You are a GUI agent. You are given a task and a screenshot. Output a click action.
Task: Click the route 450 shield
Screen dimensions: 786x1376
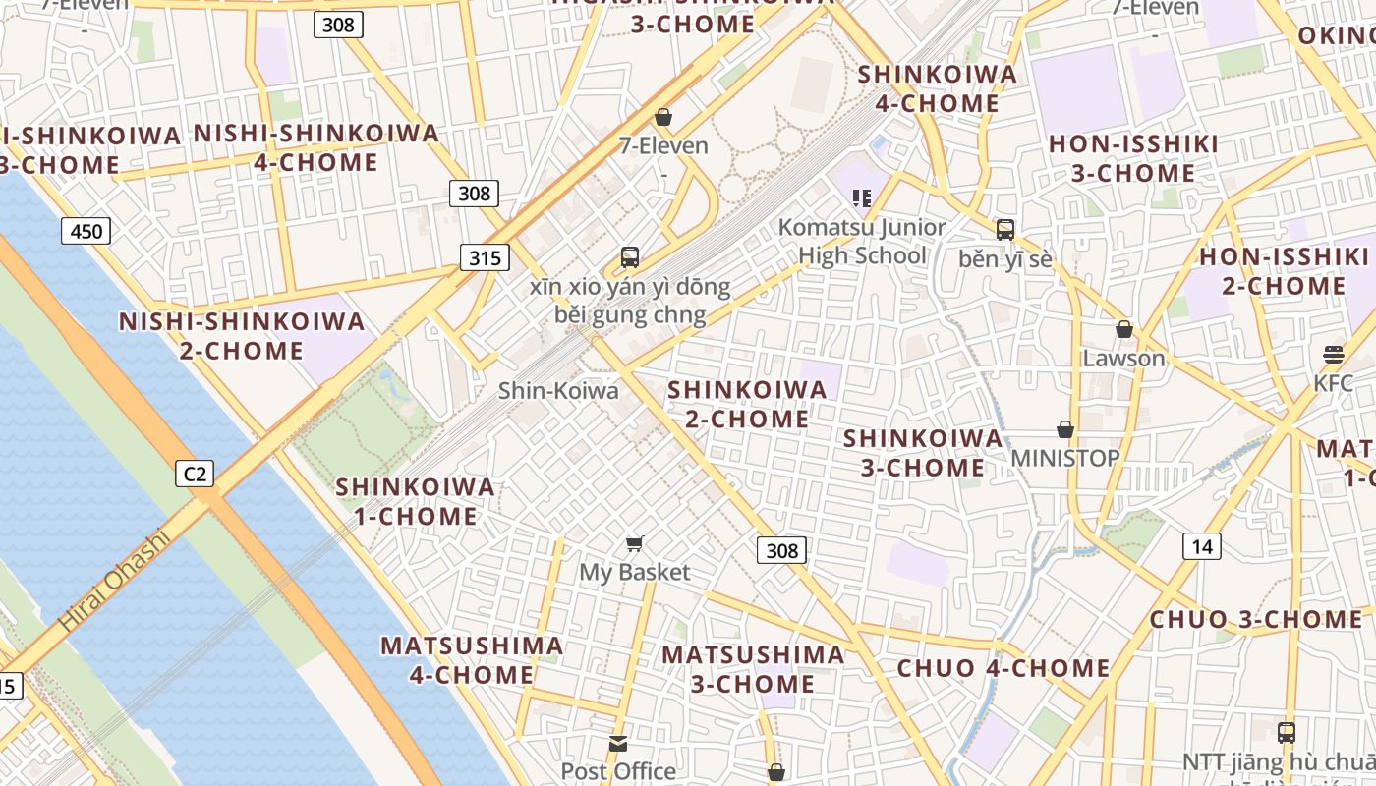coord(86,231)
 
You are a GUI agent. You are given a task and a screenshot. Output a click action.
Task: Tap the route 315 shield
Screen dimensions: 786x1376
coord(485,258)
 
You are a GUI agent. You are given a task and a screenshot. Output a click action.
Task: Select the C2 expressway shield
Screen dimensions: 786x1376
coord(196,475)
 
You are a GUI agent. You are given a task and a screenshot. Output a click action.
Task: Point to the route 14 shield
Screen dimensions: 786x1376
coord(1202,546)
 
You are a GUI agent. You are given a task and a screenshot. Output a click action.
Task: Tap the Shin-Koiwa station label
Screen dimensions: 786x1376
coord(558,391)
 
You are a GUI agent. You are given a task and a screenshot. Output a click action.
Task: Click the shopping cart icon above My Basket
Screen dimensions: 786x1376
coord(635,543)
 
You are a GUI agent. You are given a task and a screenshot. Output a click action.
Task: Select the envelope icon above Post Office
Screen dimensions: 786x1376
coord(618,744)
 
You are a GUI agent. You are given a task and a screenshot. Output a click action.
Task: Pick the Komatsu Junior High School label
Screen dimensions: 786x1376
coord(862,242)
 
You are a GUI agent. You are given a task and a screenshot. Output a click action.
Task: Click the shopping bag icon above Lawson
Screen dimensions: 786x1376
coord(1123,329)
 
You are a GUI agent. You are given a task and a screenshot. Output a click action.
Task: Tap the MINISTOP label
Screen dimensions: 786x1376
coord(1064,458)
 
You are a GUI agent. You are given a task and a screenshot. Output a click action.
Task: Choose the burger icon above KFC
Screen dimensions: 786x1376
coord(1334,354)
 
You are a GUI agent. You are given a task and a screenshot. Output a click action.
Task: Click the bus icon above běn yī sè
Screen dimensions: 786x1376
coord(1004,230)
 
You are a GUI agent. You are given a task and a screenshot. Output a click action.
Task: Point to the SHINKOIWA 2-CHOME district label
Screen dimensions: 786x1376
coord(747,404)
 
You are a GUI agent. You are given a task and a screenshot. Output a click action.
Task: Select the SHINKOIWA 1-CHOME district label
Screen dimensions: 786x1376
coord(415,501)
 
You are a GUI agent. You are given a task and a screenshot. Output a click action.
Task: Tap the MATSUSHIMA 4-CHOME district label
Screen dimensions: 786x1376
coord(472,660)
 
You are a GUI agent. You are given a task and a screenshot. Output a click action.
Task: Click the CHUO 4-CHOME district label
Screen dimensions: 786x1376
coord(1003,669)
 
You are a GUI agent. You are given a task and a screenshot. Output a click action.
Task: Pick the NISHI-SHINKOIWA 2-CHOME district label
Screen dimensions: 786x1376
coord(242,336)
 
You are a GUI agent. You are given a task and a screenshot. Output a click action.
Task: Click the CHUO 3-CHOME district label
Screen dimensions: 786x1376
coord(1255,620)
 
